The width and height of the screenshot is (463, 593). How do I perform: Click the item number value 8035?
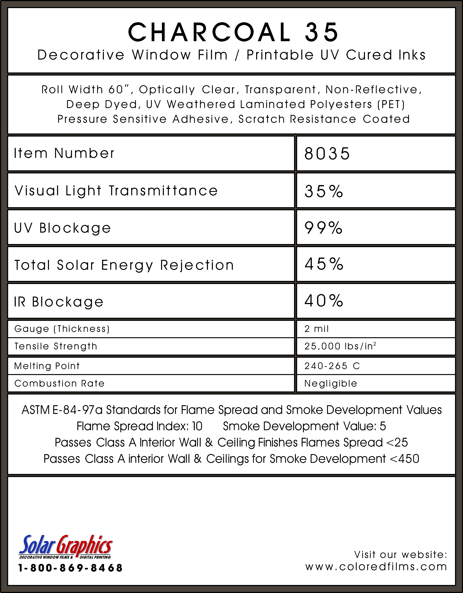(327, 154)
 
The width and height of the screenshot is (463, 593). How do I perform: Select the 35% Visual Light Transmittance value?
(324, 191)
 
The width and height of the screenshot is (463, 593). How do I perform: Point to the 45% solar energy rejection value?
(324, 264)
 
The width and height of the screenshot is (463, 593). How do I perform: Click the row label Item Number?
(64, 153)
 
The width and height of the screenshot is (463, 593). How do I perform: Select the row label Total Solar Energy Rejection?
(124, 265)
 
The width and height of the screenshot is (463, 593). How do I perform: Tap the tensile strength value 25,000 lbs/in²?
(340, 346)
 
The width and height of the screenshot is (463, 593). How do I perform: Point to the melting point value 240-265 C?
(332, 366)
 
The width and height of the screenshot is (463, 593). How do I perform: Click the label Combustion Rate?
(59, 383)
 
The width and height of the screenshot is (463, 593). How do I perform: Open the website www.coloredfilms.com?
(376, 567)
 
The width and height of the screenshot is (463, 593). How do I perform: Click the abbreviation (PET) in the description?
(391, 104)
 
